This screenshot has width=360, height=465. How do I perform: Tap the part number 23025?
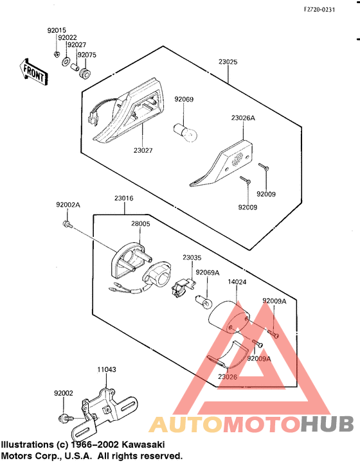click(228, 62)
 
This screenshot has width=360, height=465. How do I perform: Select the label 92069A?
click(208, 273)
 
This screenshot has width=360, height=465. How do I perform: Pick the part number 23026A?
click(243, 118)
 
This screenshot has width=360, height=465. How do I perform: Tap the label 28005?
click(141, 224)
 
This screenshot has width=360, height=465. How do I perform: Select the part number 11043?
click(107, 370)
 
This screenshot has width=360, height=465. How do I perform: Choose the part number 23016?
click(124, 198)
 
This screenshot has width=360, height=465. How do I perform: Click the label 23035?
click(192, 258)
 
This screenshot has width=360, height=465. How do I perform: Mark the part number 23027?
click(143, 150)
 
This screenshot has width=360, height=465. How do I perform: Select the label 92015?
click(57, 30)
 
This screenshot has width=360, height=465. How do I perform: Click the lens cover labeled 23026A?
click(222, 162)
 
